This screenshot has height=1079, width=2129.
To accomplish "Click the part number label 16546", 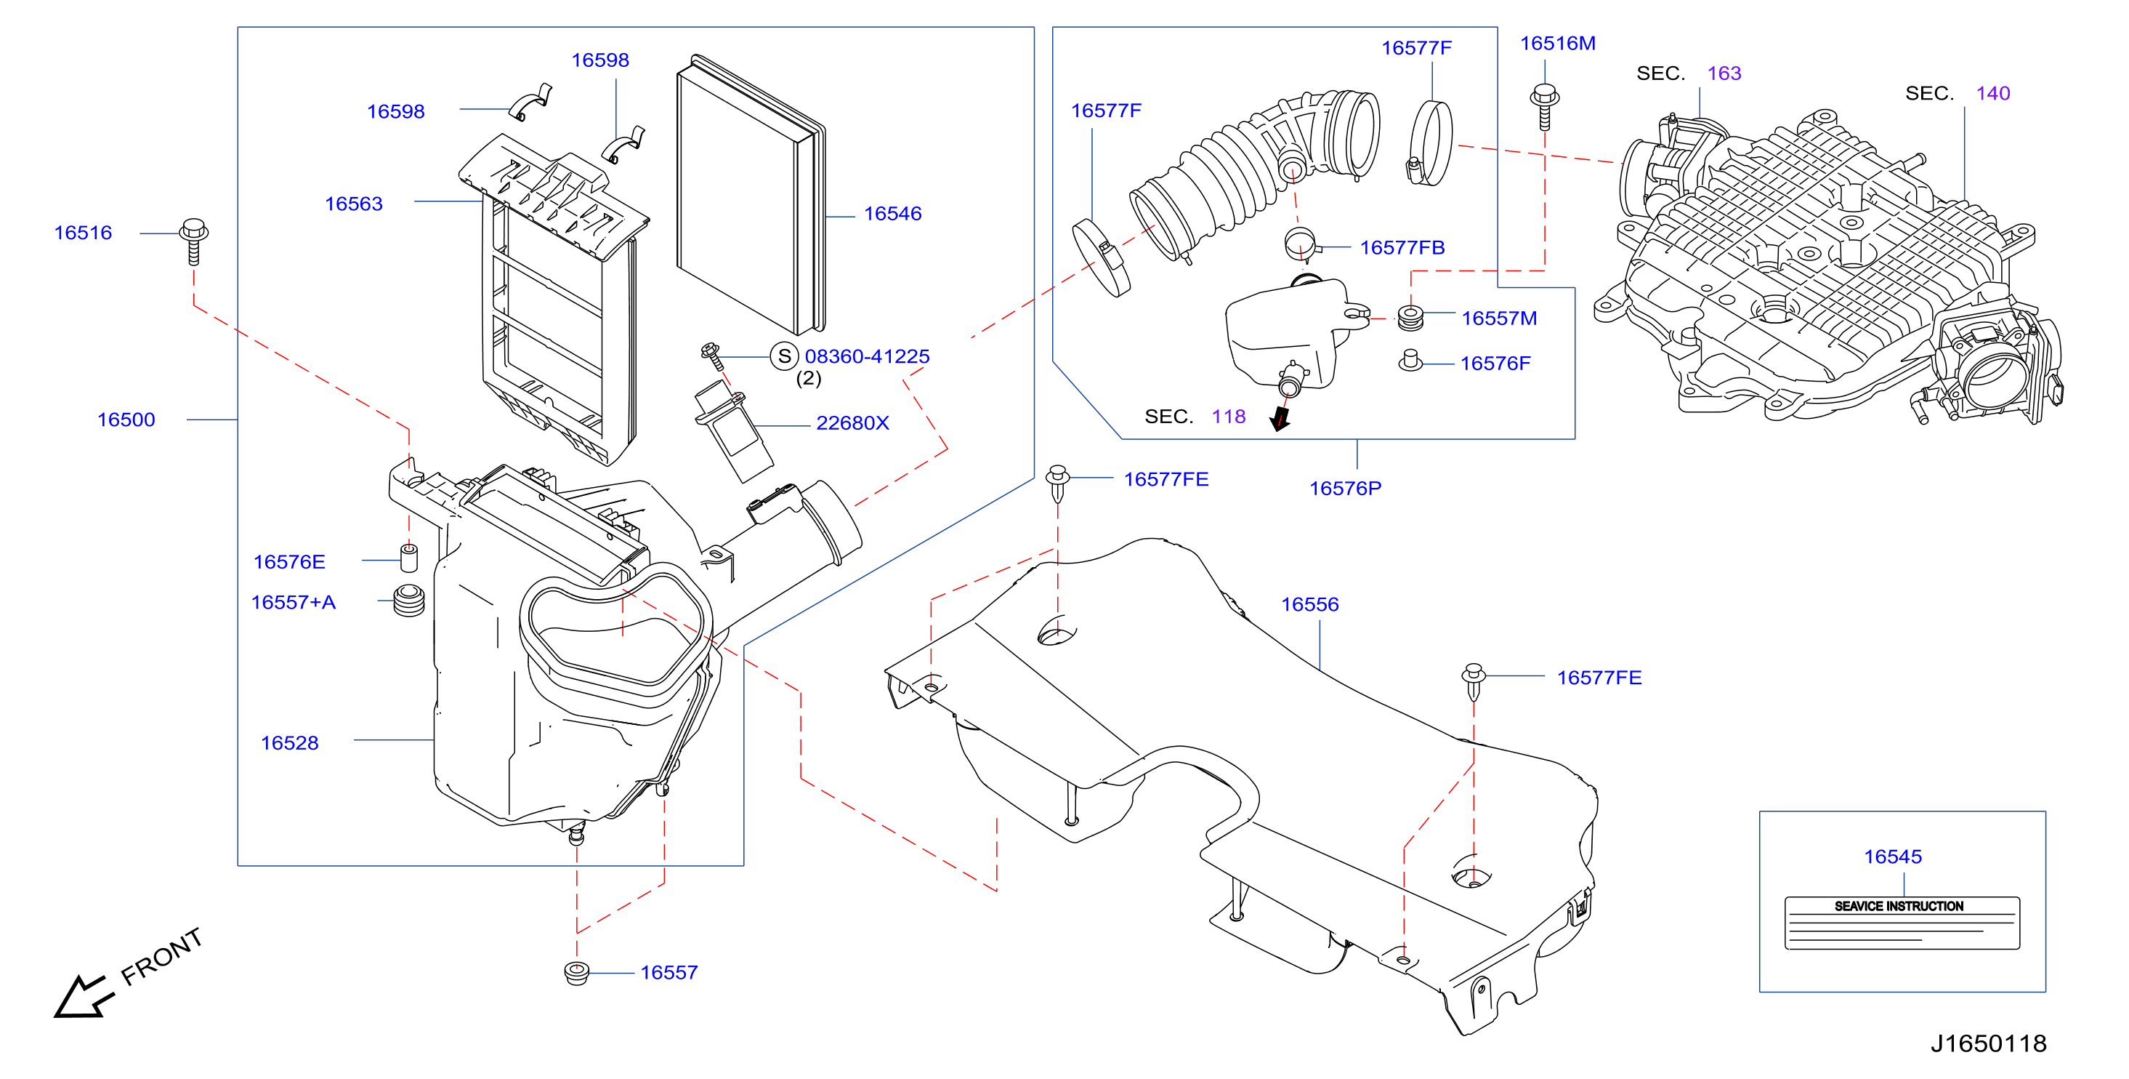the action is click(x=892, y=213).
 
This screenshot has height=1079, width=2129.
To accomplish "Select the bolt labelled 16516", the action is click(x=193, y=241).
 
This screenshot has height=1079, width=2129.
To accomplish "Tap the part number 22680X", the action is click(x=852, y=422).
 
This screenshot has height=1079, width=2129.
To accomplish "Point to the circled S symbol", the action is click(x=783, y=356).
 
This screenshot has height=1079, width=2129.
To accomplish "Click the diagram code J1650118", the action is click(x=1989, y=1043).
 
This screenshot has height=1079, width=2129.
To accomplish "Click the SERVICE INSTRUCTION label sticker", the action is click(x=1902, y=923).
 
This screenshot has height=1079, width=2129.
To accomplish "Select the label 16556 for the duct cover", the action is click(x=1310, y=604).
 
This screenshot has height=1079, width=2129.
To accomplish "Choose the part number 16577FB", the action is click(x=1402, y=247).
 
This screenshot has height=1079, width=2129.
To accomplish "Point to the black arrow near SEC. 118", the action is click(x=1280, y=417).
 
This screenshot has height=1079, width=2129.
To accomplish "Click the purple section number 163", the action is click(x=1724, y=73).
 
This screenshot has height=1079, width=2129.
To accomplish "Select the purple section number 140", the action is click(x=1992, y=92).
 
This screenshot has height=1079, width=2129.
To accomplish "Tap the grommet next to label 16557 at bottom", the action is click(x=576, y=972).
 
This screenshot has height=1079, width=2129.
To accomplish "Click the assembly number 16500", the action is click(x=126, y=420).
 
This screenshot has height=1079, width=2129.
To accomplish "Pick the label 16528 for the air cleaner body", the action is click(x=289, y=742).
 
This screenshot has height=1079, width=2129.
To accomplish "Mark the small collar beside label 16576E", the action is click(x=408, y=558).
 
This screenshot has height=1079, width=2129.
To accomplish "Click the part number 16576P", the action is click(x=1345, y=488).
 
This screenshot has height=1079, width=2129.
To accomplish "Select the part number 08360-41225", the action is click(x=867, y=356).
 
